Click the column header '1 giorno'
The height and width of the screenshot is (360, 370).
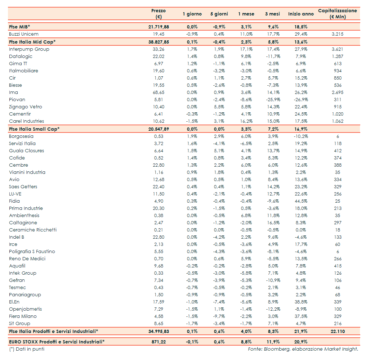192,14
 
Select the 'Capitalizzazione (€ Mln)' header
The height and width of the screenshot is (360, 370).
337,14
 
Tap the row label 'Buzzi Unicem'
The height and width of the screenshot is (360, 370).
24,34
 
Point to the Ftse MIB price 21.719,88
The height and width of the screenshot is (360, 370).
159,27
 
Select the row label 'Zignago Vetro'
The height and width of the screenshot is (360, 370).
26,107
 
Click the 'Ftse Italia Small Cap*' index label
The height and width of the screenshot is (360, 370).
34,129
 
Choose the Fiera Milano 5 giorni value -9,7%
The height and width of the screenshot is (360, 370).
219,316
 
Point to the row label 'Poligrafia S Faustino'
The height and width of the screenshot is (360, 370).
32,252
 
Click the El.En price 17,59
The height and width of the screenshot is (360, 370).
159,302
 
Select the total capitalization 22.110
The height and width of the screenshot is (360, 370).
338,331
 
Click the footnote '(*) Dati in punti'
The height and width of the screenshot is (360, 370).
27,349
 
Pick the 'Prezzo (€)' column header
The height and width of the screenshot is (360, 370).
159,14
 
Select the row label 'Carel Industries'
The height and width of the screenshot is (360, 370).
27,121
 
